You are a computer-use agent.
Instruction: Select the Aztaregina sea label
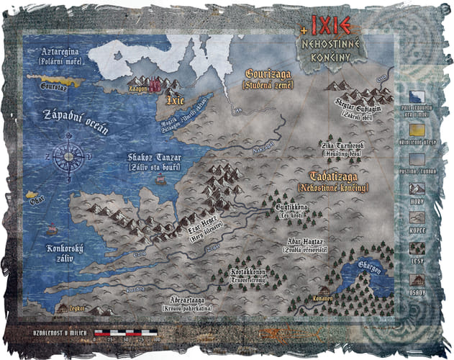(53, 54)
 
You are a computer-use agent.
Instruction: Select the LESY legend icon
(417, 249)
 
